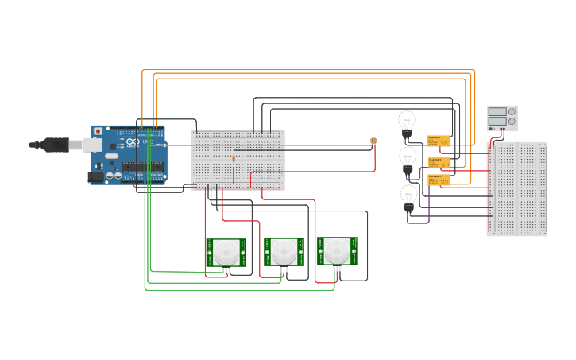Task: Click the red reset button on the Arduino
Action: coord(98,131)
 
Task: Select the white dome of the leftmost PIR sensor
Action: coord(226,254)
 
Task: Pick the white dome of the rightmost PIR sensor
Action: coord(338,252)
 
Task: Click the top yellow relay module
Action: coord(439,141)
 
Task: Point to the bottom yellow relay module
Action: coord(439,180)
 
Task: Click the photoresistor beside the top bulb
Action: coord(373,141)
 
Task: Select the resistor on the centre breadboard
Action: coord(234,159)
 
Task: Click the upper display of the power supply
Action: coord(497,113)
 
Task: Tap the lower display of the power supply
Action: coord(497,122)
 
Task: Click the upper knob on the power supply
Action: coord(512,113)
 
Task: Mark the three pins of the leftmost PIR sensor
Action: coord(226,270)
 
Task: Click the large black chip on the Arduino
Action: coord(143,168)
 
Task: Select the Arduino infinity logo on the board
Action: coord(133,141)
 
